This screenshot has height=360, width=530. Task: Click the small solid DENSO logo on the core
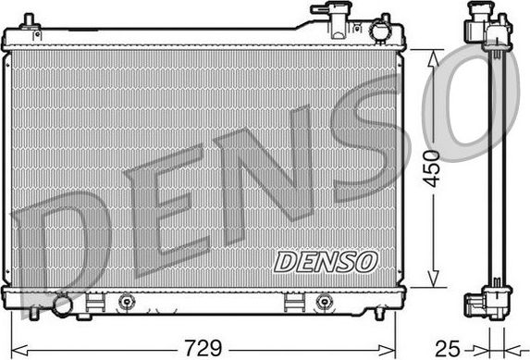tap(326, 262)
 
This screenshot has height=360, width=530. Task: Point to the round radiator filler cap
tap(378, 31)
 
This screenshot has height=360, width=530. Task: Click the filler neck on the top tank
tap(327, 13)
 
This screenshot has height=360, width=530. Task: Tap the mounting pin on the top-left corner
tap(29, 21)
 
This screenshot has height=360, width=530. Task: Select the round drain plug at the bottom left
tap(62, 304)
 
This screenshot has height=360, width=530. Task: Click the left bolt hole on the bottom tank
tap(125, 300)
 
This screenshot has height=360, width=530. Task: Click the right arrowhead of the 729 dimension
tap(394, 349)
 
